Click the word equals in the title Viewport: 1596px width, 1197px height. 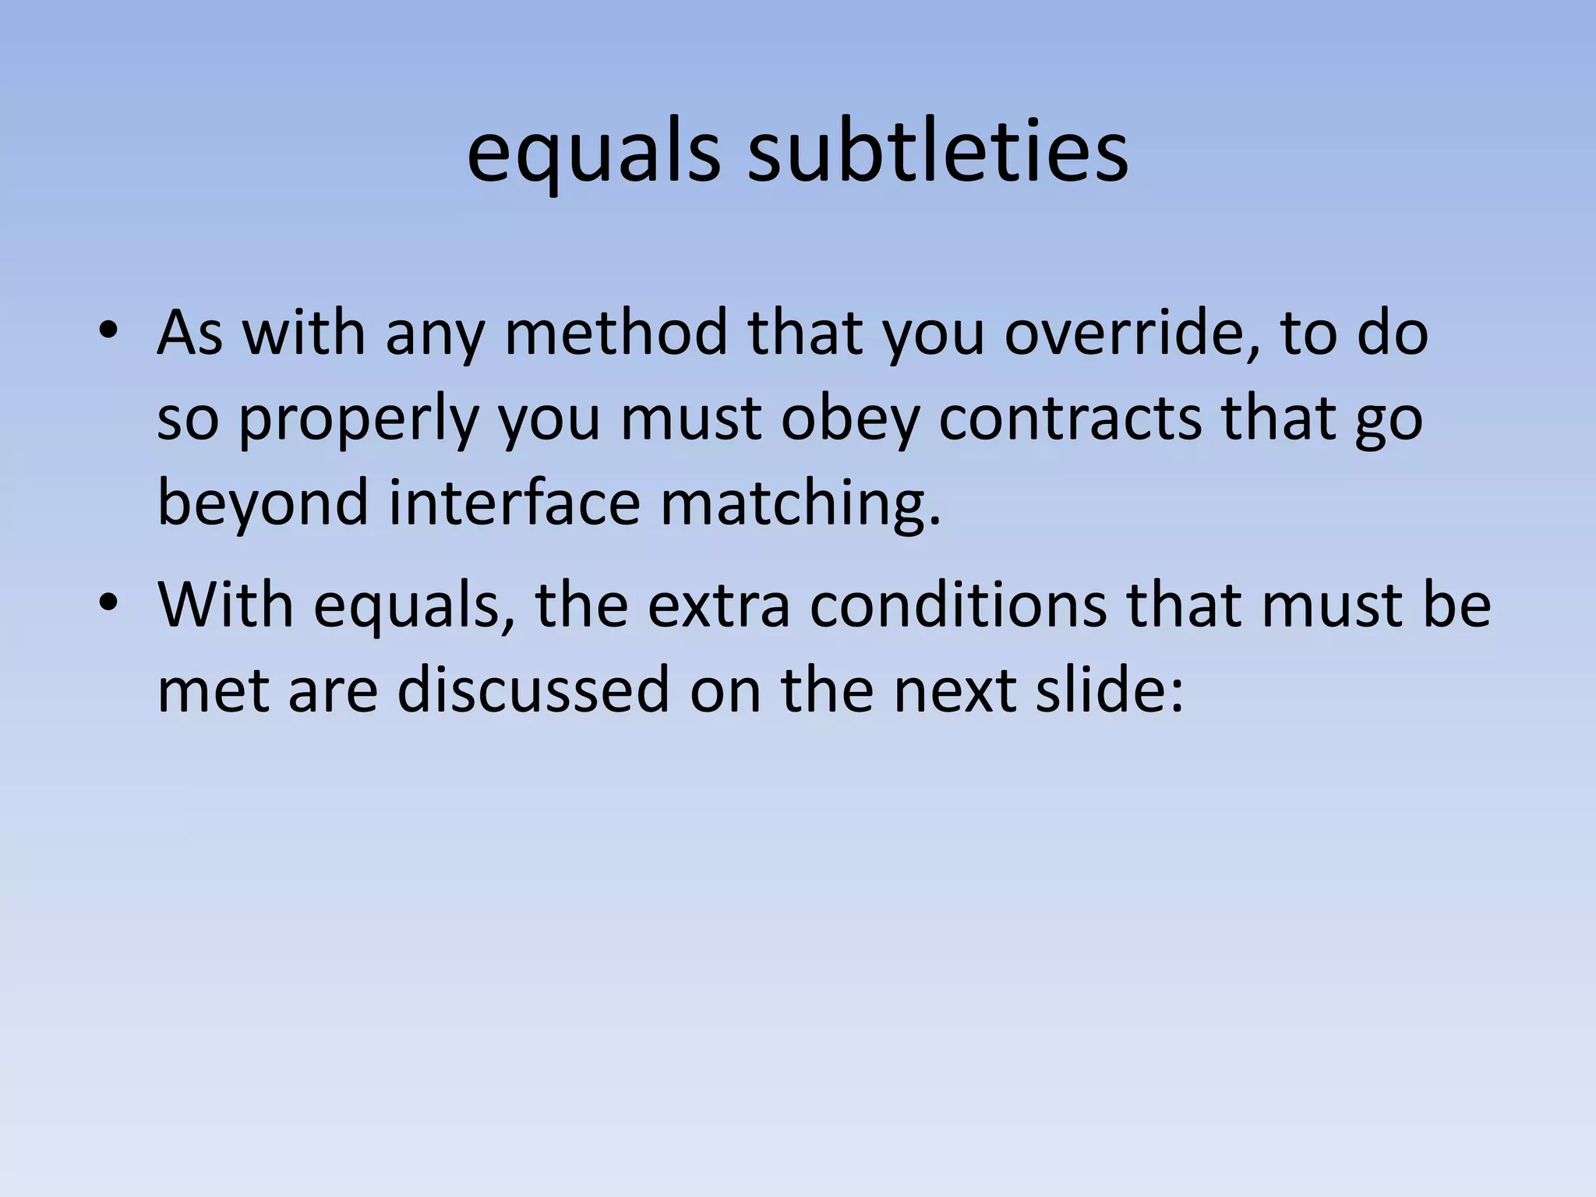593,156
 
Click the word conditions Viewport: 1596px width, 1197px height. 958,606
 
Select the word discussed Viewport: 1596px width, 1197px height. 533,690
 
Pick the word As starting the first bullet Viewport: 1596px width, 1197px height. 190,333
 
